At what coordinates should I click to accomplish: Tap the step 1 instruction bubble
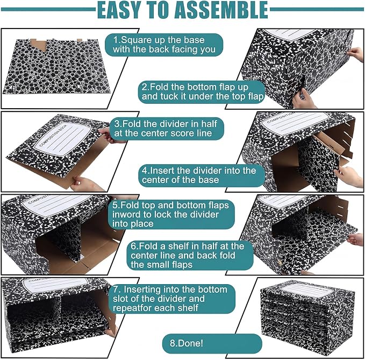(x=164, y=45)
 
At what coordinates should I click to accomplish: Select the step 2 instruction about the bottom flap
(x=202, y=92)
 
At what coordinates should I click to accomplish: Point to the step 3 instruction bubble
(x=167, y=129)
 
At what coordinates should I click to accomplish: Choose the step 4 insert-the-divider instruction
(x=202, y=175)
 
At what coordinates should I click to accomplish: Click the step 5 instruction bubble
(x=171, y=214)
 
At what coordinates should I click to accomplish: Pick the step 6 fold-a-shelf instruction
(x=190, y=256)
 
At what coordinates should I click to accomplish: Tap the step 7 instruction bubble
(x=172, y=299)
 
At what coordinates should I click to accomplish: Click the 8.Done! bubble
(x=212, y=343)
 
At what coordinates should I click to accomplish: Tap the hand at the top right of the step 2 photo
(x=355, y=54)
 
